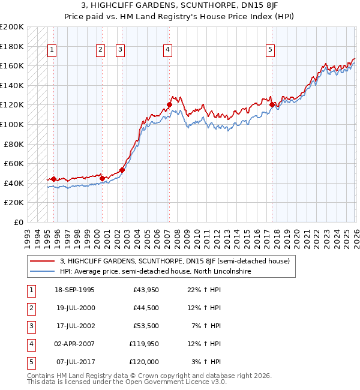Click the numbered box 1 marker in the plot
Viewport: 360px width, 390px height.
52,50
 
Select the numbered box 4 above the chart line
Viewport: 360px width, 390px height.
167,50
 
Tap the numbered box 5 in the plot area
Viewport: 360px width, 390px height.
271,50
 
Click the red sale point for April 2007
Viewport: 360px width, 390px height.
169,105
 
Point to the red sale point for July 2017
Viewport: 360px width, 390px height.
272,105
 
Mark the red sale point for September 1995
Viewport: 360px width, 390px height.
54,179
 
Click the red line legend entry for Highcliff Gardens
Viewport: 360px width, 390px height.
175,261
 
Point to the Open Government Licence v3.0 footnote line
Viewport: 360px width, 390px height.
127,381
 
